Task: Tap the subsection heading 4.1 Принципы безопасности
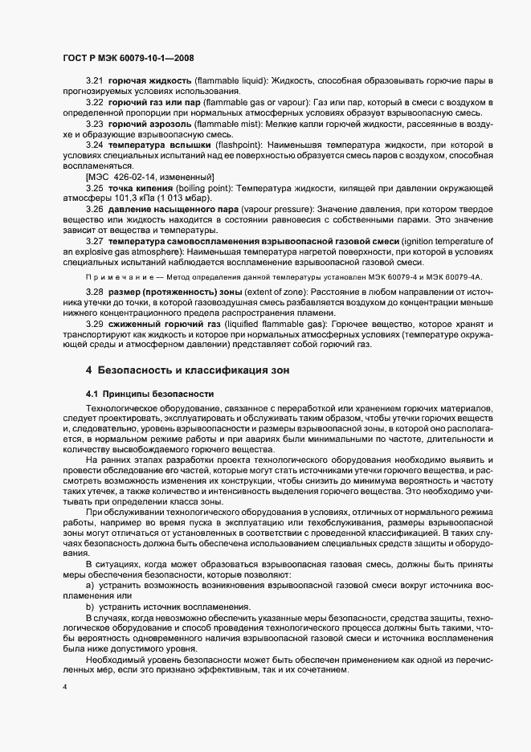click(x=149, y=394)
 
